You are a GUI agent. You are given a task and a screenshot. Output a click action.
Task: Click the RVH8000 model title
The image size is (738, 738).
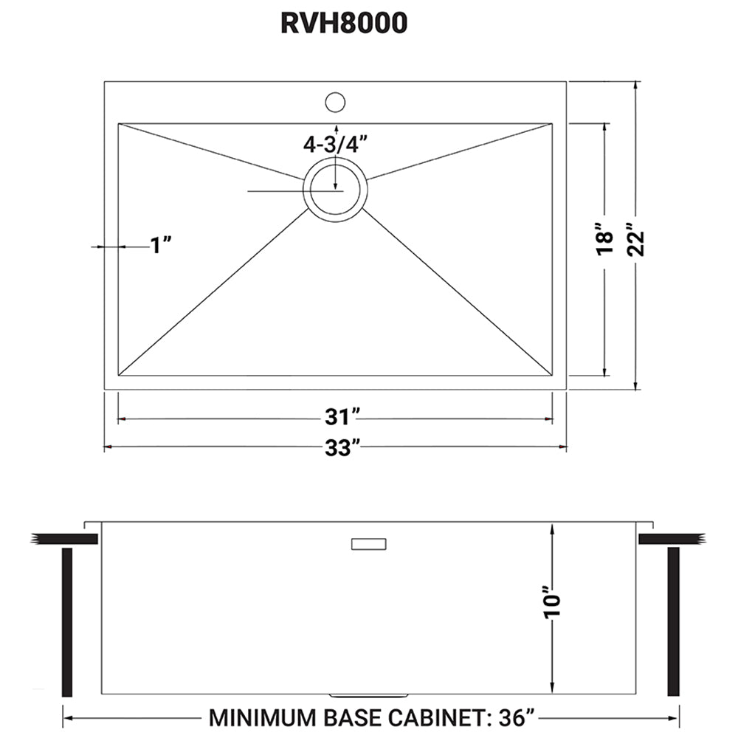pyautogui.click(x=343, y=24)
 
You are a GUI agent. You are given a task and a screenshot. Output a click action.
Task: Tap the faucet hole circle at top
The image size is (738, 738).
pyautogui.click(x=336, y=100)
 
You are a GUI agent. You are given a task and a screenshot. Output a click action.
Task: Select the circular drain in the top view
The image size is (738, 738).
pyautogui.click(x=335, y=189)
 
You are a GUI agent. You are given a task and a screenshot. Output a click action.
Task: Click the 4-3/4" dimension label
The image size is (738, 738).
pyautogui.click(x=335, y=145)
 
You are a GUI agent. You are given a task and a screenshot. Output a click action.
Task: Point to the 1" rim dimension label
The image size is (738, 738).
pyautogui.click(x=161, y=245)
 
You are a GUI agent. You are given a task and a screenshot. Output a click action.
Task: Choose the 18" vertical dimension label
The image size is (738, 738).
pyautogui.click(x=605, y=240)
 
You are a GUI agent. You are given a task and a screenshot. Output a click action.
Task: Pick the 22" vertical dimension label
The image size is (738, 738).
pyautogui.click(x=635, y=238)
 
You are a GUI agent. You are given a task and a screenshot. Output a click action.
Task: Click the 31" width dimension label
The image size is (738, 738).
pyautogui.click(x=339, y=418)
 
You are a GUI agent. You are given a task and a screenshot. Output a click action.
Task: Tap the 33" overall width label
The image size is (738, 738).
pyautogui.click(x=339, y=447)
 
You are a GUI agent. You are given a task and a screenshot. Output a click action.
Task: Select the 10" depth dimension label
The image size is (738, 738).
pyautogui.click(x=551, y=603)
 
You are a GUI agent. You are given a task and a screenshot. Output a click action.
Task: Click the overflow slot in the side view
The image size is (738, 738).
pyautogui.click(x=368, y=544)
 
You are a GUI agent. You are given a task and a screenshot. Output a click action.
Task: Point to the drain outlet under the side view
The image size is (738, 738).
pyautogui.click(x=367, y=695)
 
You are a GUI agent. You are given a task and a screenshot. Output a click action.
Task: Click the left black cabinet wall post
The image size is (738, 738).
pyautogui.click(x=67, y=622)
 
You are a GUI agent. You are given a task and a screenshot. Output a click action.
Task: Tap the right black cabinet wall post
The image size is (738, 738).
pyautogui.click(x=672, y=622)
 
